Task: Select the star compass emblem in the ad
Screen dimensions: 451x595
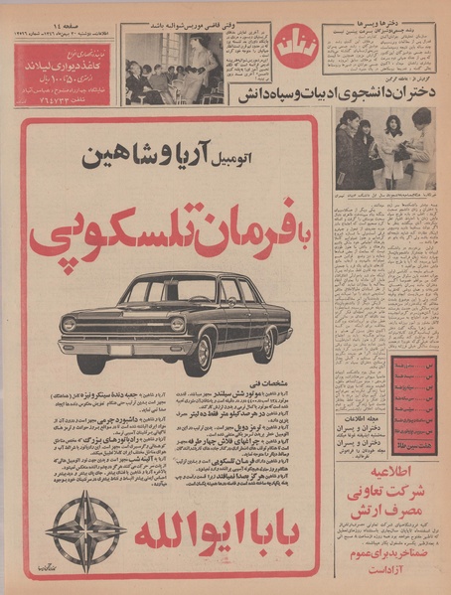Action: pyautogui.click(x=85, y=530)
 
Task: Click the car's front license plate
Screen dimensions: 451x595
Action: pyautogui.click(x=120, y=351)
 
